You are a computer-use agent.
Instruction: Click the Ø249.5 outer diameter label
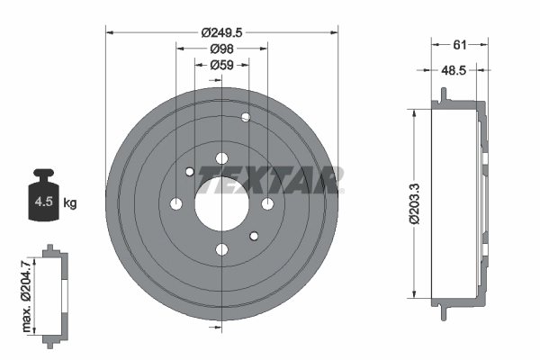click(x=221, y=32)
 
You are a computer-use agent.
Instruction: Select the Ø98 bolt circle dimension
click(x=221, y=49)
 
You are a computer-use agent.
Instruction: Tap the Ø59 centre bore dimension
click(x=221, y=65)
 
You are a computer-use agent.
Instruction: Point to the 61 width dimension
click(x=459, y=45)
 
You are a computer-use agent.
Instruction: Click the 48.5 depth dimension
click(x=454, y=70)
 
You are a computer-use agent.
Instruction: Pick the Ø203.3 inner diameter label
click(x=415, y=203)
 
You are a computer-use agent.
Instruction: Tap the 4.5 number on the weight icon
click(x=44, y=202)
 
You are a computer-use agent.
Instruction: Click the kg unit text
click(x=70, y=202)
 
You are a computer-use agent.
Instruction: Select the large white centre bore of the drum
click(x=221, y=204)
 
